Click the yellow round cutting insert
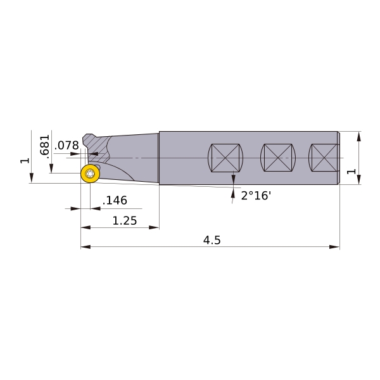point(90,174)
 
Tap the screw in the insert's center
point(90,174)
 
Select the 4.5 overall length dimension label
point(212,240)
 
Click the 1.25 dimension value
point(125,221)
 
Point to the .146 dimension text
point(115,200)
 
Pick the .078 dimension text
point(66,146)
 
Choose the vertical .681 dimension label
point(44,146)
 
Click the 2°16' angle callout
point(256,195)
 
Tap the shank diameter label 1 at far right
point(351,172)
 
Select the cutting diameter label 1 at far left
point(25,161)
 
